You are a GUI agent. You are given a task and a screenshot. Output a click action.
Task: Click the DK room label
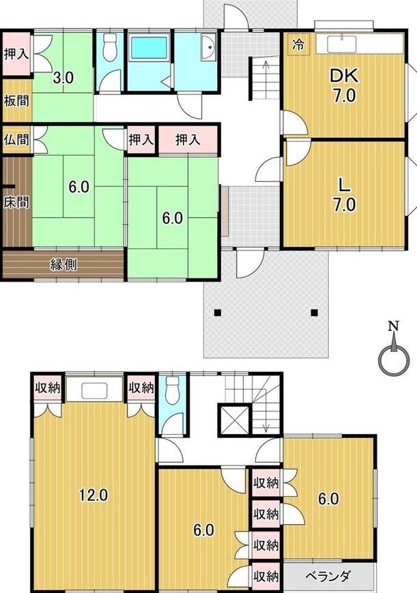pos(343,76)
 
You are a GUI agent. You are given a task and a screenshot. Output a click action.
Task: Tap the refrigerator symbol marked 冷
pos(298,44)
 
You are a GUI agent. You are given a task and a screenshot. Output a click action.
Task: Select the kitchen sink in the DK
pos(341,44)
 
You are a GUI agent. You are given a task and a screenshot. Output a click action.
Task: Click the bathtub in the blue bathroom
pos(148,48)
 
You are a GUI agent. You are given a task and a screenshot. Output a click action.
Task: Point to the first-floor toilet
pos(110,47)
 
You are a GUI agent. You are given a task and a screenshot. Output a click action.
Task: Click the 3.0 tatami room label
pos(63,78)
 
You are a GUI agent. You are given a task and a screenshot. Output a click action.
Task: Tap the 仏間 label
pos(16,140)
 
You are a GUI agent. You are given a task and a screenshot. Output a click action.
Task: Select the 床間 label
pos(16,201)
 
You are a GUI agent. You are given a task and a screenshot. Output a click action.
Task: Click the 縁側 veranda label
pos(63,265)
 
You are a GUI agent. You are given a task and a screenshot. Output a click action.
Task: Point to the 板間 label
pos(16,101)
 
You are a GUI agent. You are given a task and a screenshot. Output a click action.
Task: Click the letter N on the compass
pos(394,326)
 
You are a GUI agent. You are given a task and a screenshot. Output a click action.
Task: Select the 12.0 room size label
pos(93,495)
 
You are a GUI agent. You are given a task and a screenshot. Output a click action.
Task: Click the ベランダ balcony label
pos(328,576)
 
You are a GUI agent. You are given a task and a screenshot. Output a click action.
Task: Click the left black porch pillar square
pos(217,313)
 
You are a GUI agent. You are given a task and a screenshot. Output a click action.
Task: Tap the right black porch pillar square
pos(314,313)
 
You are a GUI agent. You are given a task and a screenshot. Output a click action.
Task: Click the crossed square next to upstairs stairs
pos(234,420)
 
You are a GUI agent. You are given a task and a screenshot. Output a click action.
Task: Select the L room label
pos(343,186)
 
